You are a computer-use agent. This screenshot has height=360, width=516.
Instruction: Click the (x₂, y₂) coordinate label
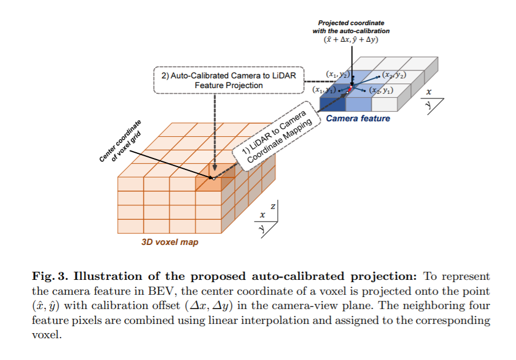tap(394, 75)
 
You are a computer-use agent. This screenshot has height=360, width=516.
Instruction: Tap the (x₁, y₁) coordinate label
tap(323, 89)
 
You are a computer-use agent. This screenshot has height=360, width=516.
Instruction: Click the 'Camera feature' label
tap(358, 118)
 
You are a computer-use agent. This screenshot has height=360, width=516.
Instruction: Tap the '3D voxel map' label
tap(170, 242)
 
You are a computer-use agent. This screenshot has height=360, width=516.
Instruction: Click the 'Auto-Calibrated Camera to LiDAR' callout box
tap(228, 80)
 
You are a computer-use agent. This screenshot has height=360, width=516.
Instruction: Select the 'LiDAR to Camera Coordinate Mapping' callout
tap(277, 137)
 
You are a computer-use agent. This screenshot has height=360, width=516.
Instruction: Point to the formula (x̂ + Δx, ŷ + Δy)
tap(351, 39)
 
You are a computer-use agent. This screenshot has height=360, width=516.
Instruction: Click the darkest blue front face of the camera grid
tap(332, 104)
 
